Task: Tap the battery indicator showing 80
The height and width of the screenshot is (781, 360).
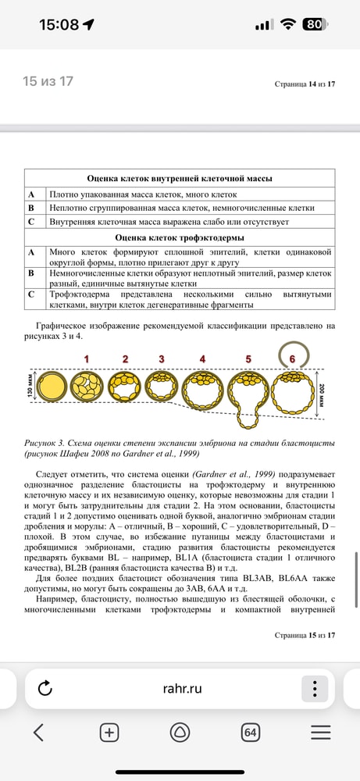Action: point(313,24)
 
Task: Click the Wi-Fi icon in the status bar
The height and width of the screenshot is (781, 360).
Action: point(288,24)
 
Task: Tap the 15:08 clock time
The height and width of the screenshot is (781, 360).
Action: point(59,24)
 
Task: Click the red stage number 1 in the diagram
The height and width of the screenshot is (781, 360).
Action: point(87,358)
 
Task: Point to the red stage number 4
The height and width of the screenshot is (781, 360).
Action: point(202,358)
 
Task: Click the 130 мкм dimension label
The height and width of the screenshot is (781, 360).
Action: point(30,387)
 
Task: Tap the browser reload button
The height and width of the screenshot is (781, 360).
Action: point(45,688)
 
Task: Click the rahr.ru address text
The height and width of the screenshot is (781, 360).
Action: point(182,688)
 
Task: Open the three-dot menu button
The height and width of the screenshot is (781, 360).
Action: point(314,688)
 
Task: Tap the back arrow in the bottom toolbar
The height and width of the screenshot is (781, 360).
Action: point(38,732)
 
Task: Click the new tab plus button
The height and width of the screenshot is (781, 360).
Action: point(109,732)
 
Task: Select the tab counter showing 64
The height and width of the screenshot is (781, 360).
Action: point(251,732)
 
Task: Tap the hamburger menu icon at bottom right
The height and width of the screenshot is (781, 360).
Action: point(321,732)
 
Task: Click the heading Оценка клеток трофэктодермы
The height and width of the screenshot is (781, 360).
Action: point(179,237)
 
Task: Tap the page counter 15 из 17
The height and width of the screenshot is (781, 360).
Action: point(48,81)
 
